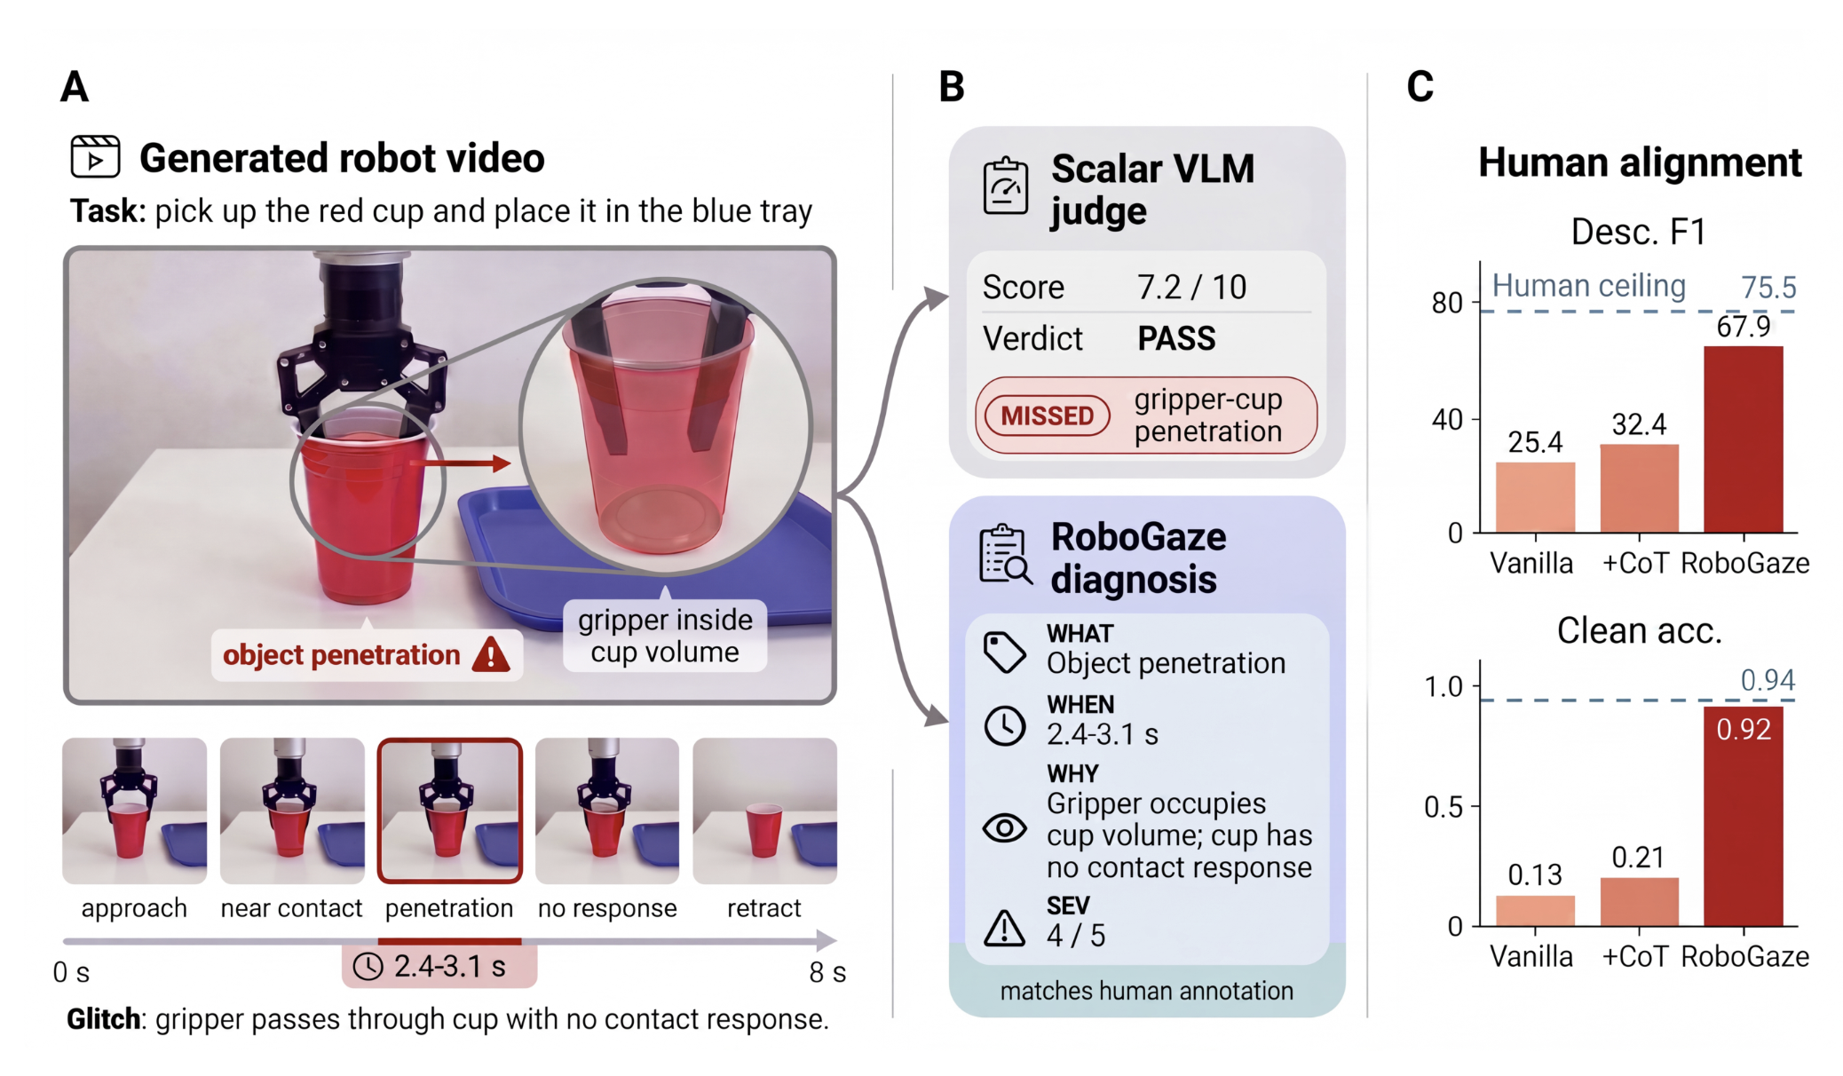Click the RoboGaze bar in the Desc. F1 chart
[x=1743, y=439]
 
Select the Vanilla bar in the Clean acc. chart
[x=1535, y=911]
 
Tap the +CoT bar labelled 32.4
[x=1639, y=488]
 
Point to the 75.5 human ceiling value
[x=1768, y=288]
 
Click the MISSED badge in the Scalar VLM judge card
[x=1048, y=415]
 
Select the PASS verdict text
[x=1176, y=338]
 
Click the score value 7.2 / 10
[x=1191, y=288]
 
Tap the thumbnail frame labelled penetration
[x=450, y=811]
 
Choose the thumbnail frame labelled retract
[x=764, y=811]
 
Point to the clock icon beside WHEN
[x=1005, y=725]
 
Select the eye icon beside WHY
[x=1005, y=828]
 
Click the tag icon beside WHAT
[x=1005, y=653]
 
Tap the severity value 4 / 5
[x=1076, y=936]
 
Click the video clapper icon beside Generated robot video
[x=95, y=157]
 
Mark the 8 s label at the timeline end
[x=827, y=972]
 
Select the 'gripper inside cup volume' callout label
[x=665, y=636]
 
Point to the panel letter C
[x=1420, y=86]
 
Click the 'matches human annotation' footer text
[x=1147, y=991]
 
